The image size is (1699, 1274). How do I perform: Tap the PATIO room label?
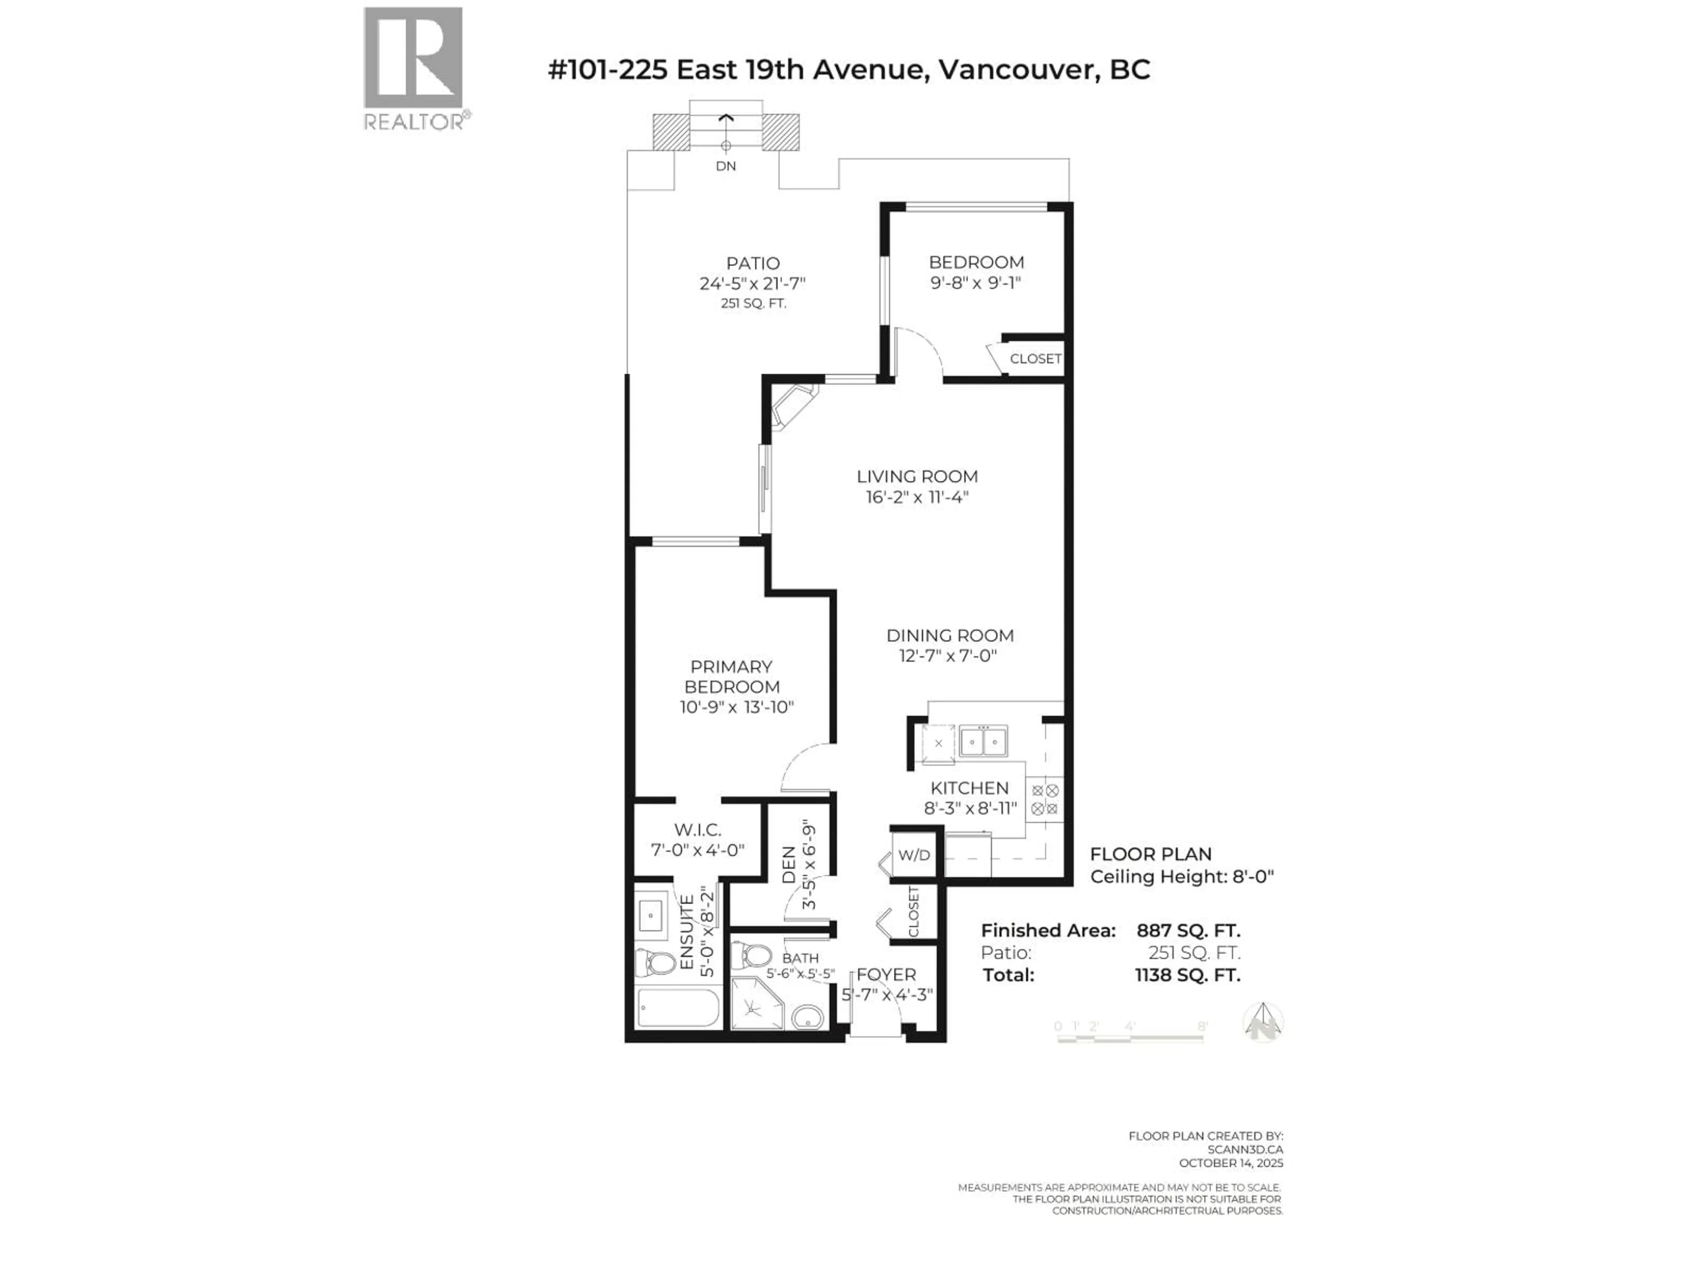click(x=753, y=263)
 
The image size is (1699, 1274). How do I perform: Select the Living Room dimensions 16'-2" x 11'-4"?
click(x=917, y=497)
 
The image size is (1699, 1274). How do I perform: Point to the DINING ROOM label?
click(x=949, y=635)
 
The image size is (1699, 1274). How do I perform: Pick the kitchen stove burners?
click(x=1045, y=798)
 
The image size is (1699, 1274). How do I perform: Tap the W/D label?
click(x=914, y=855)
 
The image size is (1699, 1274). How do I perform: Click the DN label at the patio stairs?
click(x=725, y=166)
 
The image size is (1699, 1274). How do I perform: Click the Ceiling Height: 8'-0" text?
click(x=1181, y=876)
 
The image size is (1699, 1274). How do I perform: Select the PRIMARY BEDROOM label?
click(x=732, y=676)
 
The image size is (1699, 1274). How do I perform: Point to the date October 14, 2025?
click(x=1230, y=1163)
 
